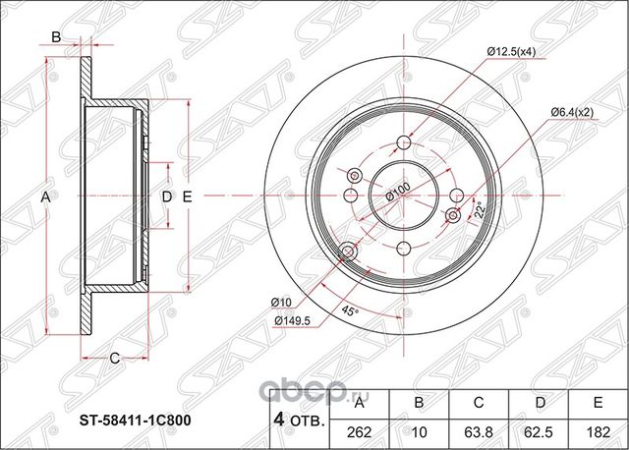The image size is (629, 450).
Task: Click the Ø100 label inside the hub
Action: pos(397,190)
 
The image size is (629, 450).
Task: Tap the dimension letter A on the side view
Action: pos(44,197)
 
